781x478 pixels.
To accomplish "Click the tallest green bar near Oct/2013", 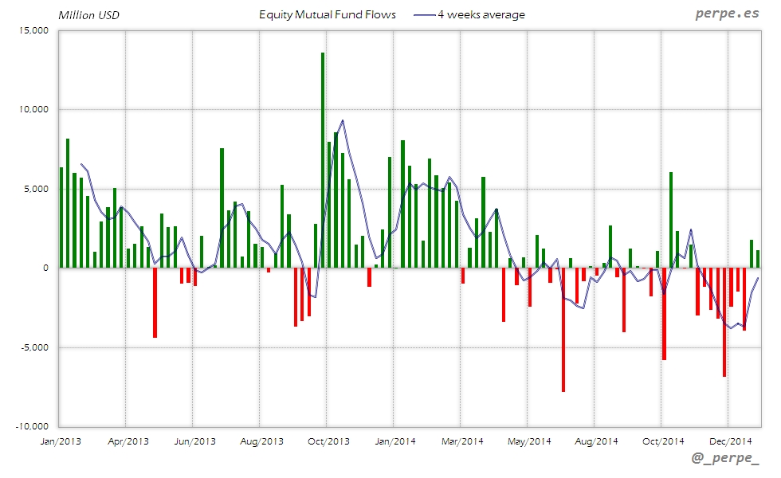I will coord(322,159).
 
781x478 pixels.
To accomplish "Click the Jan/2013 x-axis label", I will coord(60,441).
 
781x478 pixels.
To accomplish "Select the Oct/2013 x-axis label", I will coord(328,441).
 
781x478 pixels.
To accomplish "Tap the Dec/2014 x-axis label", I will coord(730,441).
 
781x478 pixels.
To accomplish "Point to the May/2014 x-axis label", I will coord(528,441).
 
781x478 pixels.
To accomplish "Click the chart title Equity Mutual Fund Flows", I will coord(328,14).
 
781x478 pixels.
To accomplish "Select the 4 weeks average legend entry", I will coord(470,14).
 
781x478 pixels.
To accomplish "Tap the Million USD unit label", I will coord(88,15).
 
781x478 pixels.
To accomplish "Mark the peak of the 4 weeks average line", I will coord(343,120).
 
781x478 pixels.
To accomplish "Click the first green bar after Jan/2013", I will coord(61,217).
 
